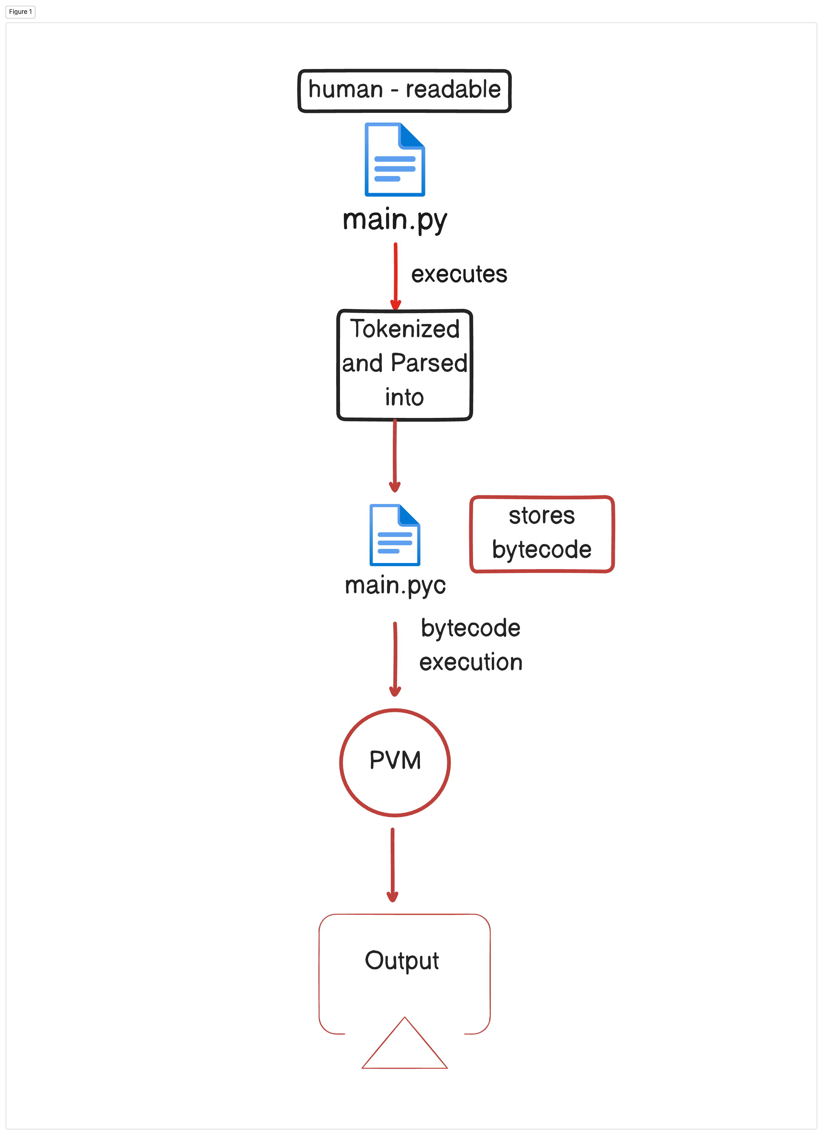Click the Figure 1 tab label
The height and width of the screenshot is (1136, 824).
pos(21,12)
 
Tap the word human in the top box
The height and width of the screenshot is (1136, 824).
pos(345,90)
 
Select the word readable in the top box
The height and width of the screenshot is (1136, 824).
pos(453,90)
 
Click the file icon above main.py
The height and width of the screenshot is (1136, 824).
pos(395,159)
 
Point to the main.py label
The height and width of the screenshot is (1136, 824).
pos(395,220)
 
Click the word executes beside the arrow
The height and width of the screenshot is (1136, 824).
pos(459,274)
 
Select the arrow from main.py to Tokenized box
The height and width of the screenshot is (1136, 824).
pos(395,276)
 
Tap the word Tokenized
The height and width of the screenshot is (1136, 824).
pos(404,329)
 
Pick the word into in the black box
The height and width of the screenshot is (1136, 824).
pos(404,397)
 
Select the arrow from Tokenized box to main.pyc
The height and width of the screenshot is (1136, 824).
pos(395,456)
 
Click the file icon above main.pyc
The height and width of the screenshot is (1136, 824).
pos(395,535)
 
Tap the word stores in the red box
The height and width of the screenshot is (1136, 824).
pos(542,516)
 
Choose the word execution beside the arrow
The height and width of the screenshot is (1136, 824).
pos(471,662)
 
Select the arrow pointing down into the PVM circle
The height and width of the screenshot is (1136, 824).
pos(395,659)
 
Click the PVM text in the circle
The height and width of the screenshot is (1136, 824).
pos(395,760)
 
